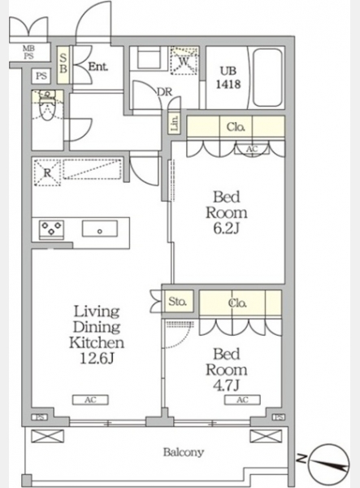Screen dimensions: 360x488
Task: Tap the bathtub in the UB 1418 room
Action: pos(267,77)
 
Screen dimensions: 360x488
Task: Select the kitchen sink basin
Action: pos(99,229)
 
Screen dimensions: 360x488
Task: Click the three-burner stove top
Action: pos(51,230)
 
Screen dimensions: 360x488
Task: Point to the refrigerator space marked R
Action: pos(47,172)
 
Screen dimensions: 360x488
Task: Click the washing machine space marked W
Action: pos(184,61)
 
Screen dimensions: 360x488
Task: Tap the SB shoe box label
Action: pos(63,64)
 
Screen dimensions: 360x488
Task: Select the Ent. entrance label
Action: pos(98,67)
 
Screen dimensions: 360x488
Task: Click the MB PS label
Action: pos(29,52)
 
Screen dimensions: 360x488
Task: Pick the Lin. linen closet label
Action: pos(175,124)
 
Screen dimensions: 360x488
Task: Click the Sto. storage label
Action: pos(177,301)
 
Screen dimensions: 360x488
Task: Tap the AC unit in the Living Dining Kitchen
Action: pos(90,400)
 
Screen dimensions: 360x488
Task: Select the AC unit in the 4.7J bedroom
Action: pos(242,400)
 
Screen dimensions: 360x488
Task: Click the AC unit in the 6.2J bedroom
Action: pos(252,150)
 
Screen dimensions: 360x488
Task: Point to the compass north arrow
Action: pos(330,464)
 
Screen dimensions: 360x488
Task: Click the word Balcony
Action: pos(184,452)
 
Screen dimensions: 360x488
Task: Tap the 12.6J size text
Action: pos(97,359)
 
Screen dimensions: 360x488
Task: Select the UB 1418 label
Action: pos(228,78)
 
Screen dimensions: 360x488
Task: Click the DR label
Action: pos(164,92)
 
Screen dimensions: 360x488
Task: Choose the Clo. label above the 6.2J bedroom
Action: pos(236,127)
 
